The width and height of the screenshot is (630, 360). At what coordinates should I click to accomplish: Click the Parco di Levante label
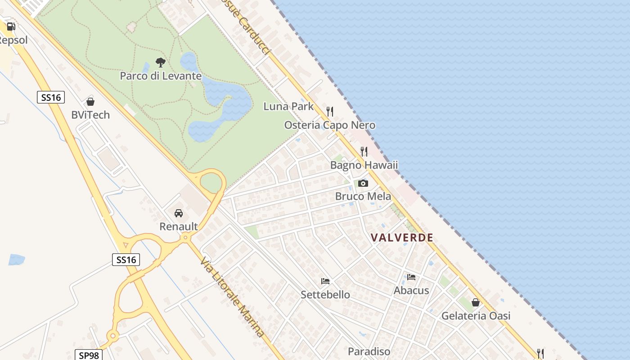pos(161,76)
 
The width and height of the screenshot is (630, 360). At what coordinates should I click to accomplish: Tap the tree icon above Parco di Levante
pos(160,63)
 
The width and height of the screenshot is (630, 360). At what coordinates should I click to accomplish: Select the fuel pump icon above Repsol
pos(11,27)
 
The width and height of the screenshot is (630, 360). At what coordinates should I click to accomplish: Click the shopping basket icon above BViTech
pos(90,102)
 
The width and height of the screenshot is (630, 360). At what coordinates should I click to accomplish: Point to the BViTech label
pos(90,115)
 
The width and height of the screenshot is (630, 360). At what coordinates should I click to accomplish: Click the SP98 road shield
pos(88,355)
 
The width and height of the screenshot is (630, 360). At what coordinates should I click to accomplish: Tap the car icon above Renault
pos(179,213)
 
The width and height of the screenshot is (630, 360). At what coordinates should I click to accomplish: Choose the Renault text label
pos(179,226)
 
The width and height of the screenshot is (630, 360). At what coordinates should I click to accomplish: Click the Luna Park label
pos(288,106)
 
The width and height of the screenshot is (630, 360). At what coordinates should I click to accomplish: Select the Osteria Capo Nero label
pos(330,125)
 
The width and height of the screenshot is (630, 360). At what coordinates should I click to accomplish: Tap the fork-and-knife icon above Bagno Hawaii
pos(364,152)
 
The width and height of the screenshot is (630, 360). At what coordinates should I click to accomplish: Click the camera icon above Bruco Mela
pos(363,183)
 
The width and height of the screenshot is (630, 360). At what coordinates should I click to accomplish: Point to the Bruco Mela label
pos(363,196)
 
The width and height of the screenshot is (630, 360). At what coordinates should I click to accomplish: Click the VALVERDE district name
pos(402,238)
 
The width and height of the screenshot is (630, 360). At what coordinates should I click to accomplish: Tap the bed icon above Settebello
pos(325,281)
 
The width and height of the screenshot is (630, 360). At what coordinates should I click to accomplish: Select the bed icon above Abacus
pos(411,277)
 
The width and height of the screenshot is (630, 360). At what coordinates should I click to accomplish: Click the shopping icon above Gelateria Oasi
pos(476,302)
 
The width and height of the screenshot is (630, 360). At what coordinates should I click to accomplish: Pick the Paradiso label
pos(369,351)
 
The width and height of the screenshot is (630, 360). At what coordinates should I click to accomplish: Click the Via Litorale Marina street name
pos(232,297)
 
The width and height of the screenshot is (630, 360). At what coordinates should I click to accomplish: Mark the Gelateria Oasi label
pos(476,315)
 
